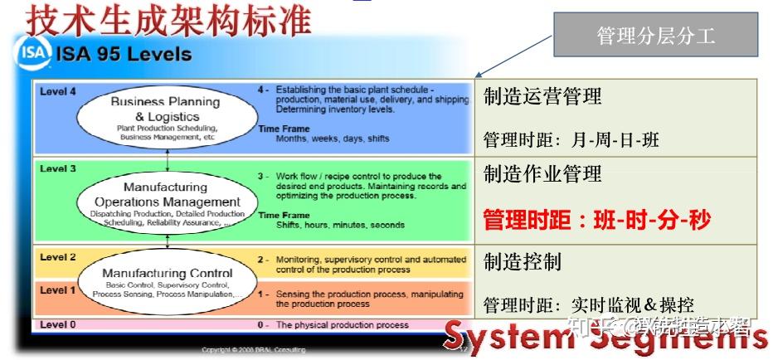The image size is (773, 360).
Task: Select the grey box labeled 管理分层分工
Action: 655,36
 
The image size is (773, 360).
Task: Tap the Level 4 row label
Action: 58,91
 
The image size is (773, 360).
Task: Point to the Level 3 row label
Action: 58,168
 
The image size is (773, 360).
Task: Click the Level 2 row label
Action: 58,257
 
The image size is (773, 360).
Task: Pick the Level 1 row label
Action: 58,290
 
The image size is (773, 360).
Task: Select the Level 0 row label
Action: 58,324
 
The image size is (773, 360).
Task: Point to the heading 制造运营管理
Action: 542,97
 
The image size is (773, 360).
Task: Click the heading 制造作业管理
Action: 542,173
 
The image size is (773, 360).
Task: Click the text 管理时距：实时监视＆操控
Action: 588,304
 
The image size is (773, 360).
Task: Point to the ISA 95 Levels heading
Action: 124,56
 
